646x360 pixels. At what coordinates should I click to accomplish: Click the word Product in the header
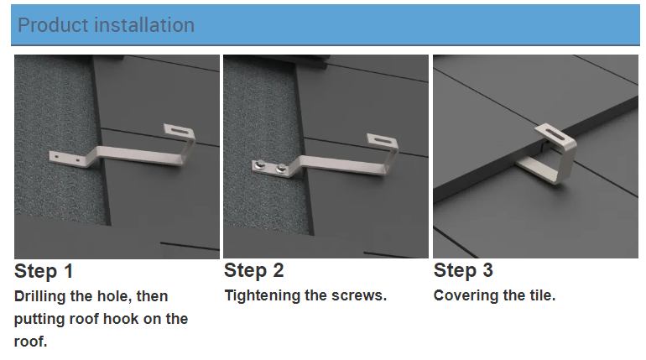[50, 25]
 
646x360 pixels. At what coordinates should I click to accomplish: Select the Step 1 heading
[44, 272]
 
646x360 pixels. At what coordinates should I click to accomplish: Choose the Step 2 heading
[254, 271]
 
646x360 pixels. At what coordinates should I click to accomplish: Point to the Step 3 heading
[463, 271]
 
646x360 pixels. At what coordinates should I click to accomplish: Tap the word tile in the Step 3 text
[540, 296]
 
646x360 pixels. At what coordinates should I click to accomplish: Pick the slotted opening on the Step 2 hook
[383, 139]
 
